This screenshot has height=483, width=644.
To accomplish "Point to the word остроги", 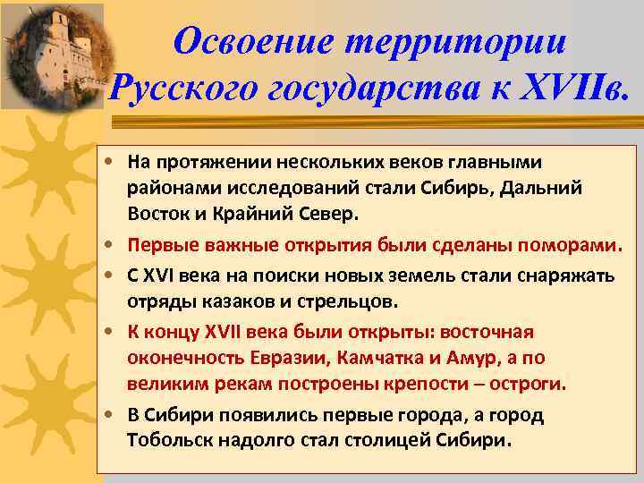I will (x=528, y=384).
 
